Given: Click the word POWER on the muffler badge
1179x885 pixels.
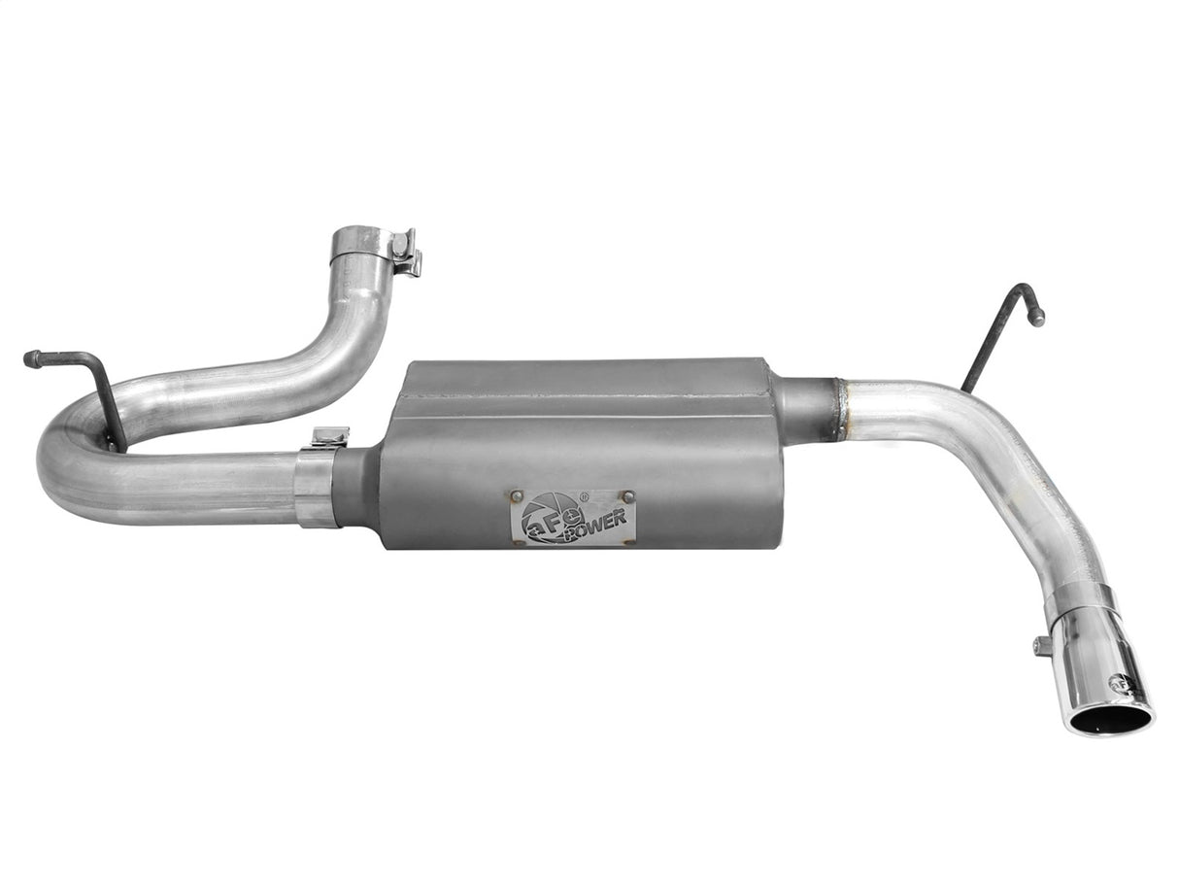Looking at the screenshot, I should [594, 523].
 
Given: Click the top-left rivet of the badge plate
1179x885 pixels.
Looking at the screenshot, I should [517, 496].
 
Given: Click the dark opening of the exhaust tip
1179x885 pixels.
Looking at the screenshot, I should [1110, 721].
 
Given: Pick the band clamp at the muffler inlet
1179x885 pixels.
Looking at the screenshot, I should [316, 486].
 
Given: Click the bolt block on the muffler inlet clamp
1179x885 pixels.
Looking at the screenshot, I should [329, 437].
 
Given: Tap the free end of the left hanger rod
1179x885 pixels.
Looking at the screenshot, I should [29, 358].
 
